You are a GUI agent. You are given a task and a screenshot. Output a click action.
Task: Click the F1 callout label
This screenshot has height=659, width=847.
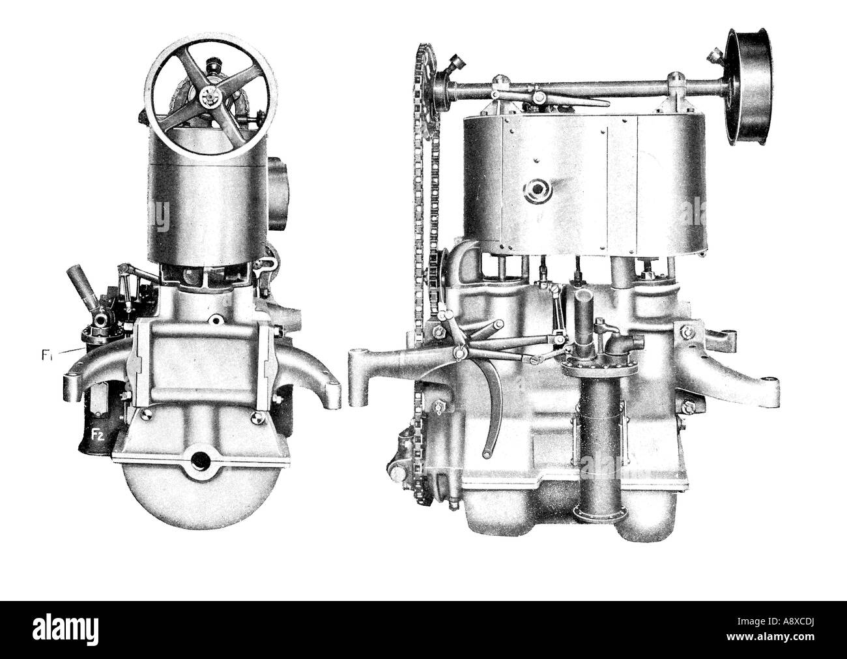[x=46, y=355]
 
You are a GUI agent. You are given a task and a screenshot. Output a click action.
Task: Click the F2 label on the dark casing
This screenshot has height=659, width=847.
[x=97, y=434]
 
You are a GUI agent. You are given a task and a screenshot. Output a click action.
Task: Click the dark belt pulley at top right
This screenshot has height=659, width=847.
[x=748, y=87]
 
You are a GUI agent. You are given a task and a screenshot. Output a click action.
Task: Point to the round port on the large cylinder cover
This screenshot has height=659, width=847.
[x=538, y=192]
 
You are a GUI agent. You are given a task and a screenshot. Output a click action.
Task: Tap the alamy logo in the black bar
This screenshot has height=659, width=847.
[x=65, y=630]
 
